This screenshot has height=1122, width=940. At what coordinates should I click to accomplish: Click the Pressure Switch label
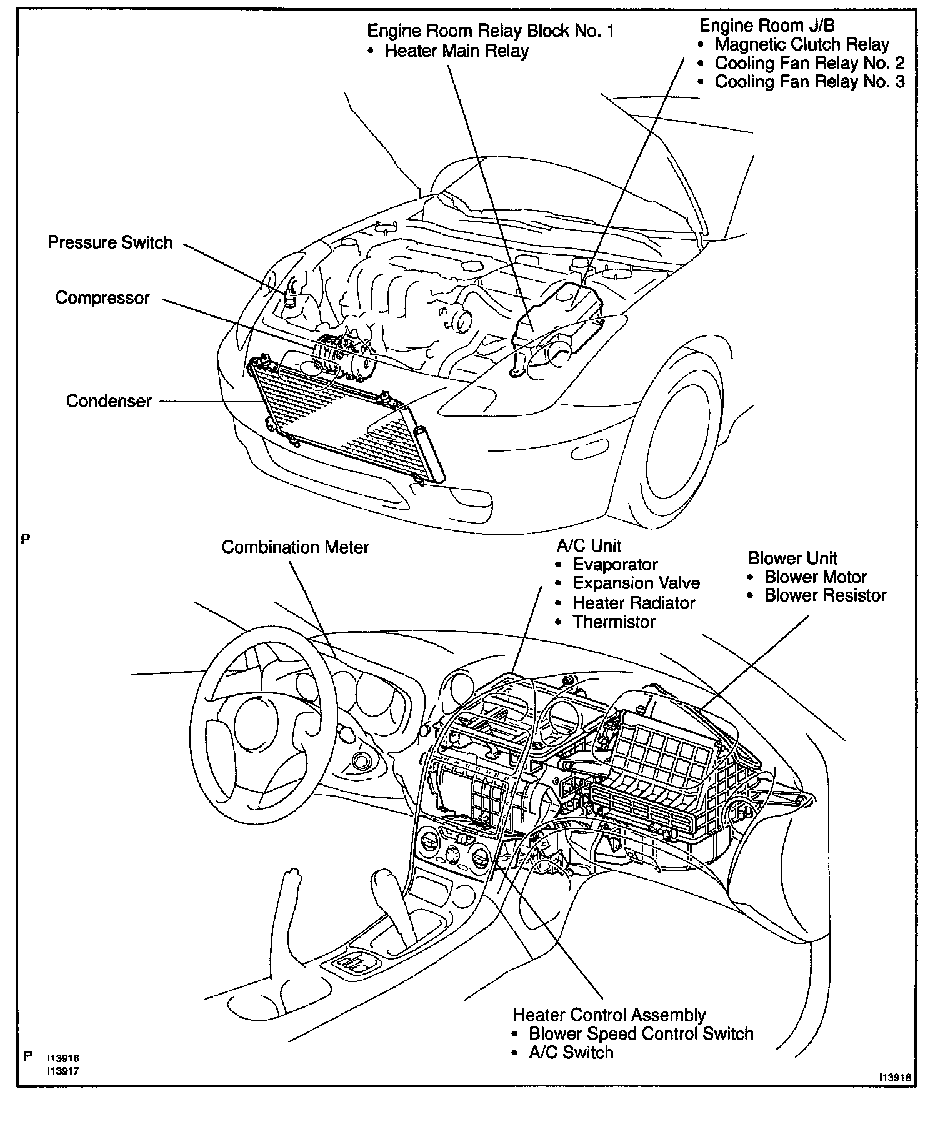tap(110, 242)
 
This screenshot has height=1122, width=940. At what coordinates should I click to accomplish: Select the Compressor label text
tap(102, 297)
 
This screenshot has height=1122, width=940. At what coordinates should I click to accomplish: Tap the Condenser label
tap(109, 400)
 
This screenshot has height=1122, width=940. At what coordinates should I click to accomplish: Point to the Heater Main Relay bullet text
tap(457, 51)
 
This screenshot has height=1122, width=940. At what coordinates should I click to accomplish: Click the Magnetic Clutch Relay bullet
tap(802, 44)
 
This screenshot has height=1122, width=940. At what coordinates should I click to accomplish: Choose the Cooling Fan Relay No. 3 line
tap(809, 82)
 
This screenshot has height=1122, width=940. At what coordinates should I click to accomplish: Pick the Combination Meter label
tap(296, 547)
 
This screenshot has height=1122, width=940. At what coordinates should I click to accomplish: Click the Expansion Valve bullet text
tap(636, 583)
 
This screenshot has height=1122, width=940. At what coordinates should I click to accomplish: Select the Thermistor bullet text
tap(614, 622)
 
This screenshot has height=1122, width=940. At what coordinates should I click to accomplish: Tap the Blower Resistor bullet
tap(825, 595)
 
